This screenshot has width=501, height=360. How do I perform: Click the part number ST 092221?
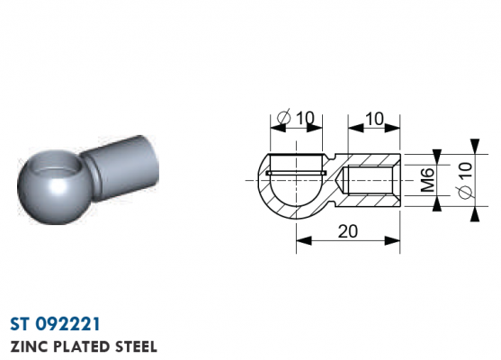pos(55,324)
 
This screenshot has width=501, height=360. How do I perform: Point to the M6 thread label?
pos(427,180)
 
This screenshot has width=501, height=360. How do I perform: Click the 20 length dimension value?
pos(348,231)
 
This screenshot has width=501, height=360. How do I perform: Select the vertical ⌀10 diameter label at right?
pos(465,181)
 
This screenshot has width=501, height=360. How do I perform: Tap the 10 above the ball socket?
pos(305,118)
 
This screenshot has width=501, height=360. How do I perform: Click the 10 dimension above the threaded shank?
pos(374,119)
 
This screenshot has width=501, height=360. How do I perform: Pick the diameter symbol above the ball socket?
pos(284,116)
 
